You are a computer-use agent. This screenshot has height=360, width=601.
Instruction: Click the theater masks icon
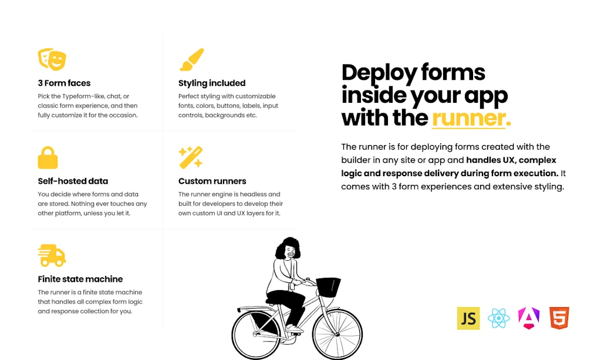coord(52,59)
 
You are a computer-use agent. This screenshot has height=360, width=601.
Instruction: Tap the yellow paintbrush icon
coord(191,59)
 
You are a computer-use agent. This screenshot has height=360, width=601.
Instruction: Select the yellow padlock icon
coord(48,157)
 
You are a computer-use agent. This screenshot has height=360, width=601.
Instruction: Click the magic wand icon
coord(191,157)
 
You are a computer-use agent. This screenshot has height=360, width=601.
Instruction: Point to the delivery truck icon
coord(52,255)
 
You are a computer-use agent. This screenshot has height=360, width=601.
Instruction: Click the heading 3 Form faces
coord(64,83)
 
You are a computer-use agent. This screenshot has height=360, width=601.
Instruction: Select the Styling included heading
coord(212,83)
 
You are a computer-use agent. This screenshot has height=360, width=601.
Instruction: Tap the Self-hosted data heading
coord(73,181)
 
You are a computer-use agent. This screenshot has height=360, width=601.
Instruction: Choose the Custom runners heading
coord(212,181)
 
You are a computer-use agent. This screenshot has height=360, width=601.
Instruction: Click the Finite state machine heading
coord(80,279)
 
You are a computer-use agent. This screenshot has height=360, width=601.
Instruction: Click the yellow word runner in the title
coord(469,118)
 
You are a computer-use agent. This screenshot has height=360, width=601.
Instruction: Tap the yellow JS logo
coord(468,318)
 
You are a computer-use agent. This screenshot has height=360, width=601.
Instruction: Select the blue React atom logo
coord(498,318)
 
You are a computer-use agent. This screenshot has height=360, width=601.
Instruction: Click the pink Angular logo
coord(529,318)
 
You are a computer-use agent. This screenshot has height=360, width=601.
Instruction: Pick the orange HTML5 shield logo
coord(559,318)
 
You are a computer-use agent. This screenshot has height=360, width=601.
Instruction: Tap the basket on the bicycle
coord(328,287)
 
